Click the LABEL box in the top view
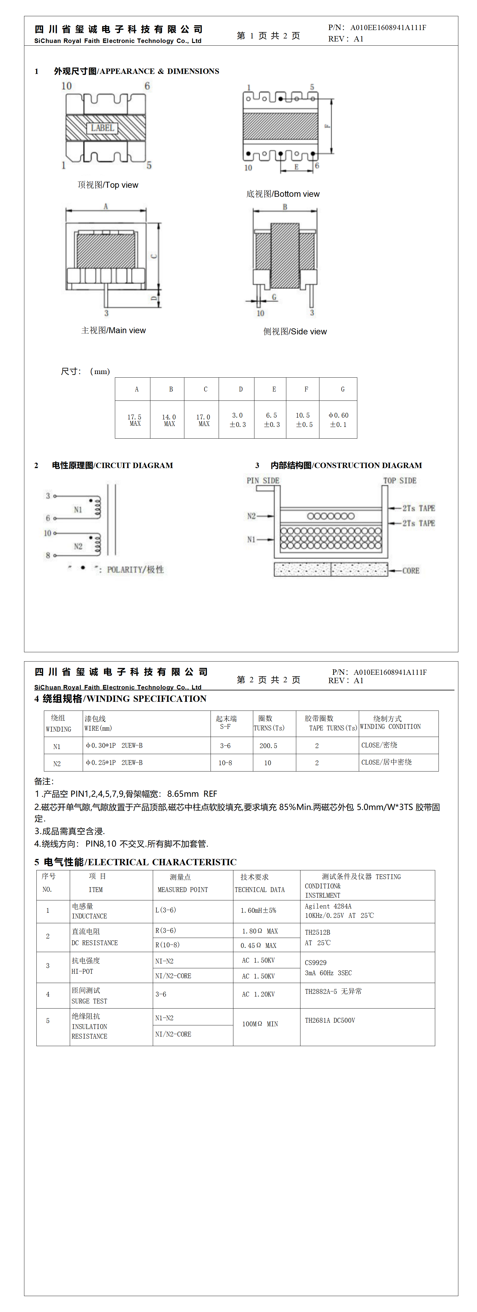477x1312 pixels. pyautogui.click(x=103, y=128)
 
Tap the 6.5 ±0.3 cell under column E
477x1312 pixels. pyautogui.click(x=272, y=420)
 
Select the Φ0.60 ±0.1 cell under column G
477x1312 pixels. pyautogui.click(x=338, y=420)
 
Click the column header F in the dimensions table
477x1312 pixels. pyautogui.click(x=306, y=389)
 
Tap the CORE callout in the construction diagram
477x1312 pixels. pyautogui.click(x=411, y=571)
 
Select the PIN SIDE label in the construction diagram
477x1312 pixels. pyautogui.click(x=263, y=480)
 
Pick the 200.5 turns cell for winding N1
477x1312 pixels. pyautogui.click(x=268, y=746)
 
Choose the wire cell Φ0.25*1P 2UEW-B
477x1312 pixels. pyautogui.click(x=114, y=763)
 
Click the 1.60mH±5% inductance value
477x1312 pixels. pyautogui.click(x=258, y=910)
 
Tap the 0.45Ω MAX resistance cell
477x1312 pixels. pyautogui.click(x=258, y=945)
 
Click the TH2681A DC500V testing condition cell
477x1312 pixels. pyautogui.click(x=330, y=1020)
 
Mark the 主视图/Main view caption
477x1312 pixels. pyautogui.click(x=114, y=330)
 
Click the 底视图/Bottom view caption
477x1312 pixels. pyautogui.click(x=283, y=194)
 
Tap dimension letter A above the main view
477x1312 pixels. pyautogui.click(x=106, y=206)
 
